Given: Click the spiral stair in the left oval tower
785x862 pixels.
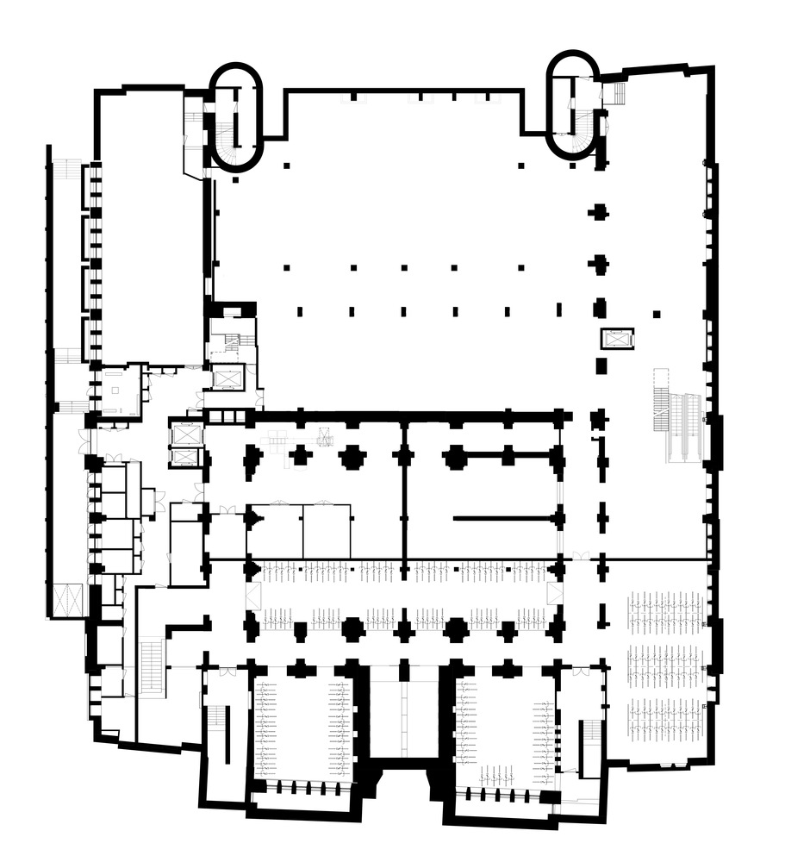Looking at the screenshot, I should click(226, 138).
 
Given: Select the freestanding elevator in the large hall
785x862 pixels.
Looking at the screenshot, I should click(617, 338).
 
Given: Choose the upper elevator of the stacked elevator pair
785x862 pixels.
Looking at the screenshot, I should click(187, 434).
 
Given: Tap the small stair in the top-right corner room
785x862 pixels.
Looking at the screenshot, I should click(617, 93).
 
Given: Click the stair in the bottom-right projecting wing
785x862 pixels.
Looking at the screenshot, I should click(591, 746).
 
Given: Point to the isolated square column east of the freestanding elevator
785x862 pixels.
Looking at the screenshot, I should click(657, 314).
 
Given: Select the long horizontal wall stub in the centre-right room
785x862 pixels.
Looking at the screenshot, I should click(504, 519).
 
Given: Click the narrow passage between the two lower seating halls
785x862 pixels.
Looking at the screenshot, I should click(402, 715).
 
